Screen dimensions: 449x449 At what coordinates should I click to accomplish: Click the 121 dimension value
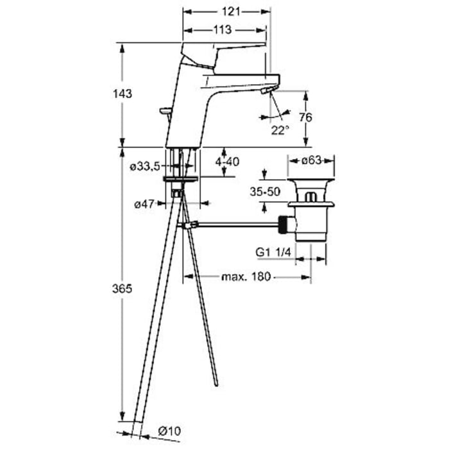tap(230, 12)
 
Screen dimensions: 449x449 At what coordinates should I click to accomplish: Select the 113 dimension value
tap(223, 30)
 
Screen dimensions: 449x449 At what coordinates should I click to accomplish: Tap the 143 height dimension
tap(123, 94)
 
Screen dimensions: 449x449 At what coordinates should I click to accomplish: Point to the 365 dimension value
tap(123, 289)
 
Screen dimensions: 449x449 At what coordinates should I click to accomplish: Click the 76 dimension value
tap(306, 117)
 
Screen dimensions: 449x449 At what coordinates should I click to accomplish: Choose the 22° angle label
tap(280, 130)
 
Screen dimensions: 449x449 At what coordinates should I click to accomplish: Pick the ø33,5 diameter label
tap(145, 166)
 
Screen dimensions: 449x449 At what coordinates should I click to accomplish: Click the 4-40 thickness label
tap(227, 162)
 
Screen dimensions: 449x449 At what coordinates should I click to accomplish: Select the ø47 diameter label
tap(144, 204)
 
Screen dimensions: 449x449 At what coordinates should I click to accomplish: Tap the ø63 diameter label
tap(311, 160)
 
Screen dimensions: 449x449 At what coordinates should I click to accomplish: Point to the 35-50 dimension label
tap(265, 192)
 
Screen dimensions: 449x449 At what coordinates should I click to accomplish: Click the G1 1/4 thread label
tap(273, 252)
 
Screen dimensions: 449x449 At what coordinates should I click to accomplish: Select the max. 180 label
tap(246, 276)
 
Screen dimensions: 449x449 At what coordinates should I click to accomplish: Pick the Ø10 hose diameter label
tap(169, 430)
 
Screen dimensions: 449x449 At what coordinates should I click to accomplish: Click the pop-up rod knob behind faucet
tap(165, 111)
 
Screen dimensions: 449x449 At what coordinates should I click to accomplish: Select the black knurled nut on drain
tap(284, 225)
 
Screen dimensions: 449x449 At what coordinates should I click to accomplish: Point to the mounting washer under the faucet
tap(180, 179)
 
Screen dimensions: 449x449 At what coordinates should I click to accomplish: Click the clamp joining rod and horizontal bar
tap(190, 224)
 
